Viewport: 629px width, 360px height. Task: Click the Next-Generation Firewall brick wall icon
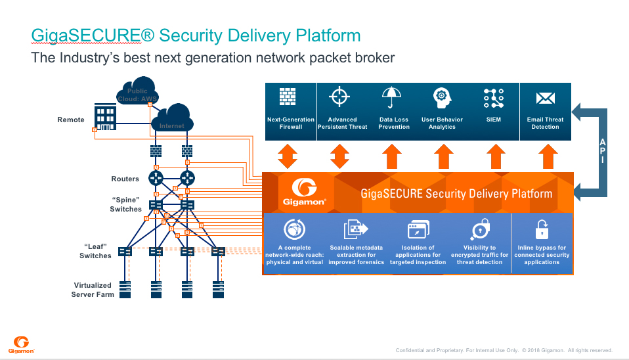288,97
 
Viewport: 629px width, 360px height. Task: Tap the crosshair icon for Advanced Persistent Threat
339,97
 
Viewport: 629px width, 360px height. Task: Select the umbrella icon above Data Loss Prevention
391,97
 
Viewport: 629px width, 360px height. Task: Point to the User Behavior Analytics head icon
442,98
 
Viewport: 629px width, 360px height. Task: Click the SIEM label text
493,120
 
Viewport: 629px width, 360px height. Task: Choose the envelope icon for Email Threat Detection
546,98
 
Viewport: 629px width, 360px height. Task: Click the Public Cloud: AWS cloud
137,91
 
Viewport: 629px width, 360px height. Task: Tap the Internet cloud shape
173,118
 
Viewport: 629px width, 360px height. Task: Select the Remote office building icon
105,117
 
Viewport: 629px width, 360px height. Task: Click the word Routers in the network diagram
125,179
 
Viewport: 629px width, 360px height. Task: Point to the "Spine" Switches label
125,204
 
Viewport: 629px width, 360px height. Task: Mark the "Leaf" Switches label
95,251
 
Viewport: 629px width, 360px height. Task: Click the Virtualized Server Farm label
93,290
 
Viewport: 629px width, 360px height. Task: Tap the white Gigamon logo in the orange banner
304,192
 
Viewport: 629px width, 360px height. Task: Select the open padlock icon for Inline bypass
542,229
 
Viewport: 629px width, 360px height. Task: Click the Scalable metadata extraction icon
356,229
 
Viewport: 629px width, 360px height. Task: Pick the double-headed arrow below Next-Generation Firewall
288,156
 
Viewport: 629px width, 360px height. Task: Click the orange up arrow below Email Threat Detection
548,156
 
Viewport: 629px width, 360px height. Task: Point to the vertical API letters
603,151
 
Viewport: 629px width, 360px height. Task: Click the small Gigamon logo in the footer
21,345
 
